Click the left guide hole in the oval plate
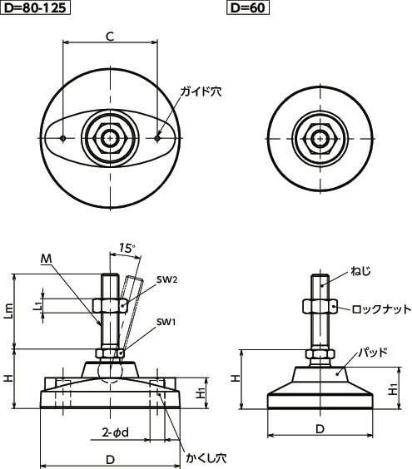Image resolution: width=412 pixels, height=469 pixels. point(64,137)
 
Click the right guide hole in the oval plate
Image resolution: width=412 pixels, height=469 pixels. point(158,137)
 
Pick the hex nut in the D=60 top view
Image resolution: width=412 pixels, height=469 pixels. point(320,137)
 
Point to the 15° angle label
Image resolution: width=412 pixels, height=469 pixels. point(127,248)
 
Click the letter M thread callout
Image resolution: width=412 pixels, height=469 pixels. point(45,260)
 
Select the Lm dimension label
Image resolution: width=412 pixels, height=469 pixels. point(9,309)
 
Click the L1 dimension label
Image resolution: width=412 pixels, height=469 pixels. point(37,305)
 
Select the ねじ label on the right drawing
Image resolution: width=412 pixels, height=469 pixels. point(360,272)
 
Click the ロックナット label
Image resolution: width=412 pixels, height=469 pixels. point(381,309)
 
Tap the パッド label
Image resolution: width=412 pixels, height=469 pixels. point(372,352)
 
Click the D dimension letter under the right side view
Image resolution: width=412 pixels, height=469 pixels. point(320,429)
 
